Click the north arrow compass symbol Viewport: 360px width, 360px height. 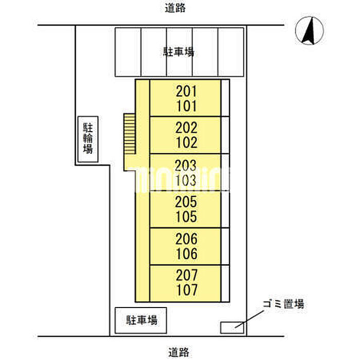click(309, 30)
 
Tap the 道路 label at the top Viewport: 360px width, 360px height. click(175, 8)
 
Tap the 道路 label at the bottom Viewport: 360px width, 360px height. click(178, 352)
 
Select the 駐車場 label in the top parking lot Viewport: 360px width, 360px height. click(178, 52)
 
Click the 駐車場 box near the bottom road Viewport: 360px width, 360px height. click(141, 320)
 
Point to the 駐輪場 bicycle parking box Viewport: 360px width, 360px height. click(88, 139)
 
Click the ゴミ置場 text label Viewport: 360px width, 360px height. click(283, 304)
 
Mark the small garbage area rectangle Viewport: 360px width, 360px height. click(232, 328)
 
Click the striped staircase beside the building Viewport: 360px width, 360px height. click(129, 134)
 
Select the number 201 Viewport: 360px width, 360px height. click(186, 92)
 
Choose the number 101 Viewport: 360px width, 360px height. click(186, 106)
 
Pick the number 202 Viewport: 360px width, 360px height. click(186, 128)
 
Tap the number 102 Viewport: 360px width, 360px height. click(186, 142)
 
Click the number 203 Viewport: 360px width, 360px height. click(186, 165)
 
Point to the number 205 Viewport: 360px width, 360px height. click(186, 202)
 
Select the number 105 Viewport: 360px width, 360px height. click(186, 217)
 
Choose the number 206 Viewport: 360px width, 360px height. click(186, 239)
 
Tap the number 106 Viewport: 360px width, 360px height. click(187, 254)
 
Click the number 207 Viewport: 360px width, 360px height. click(187, 275)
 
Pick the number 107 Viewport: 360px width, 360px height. click(187, 290)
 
